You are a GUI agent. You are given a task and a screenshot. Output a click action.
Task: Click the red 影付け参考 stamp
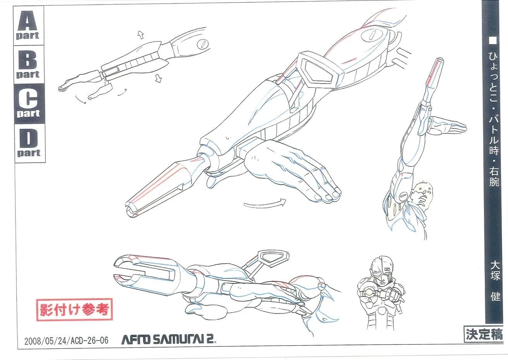(74, 309)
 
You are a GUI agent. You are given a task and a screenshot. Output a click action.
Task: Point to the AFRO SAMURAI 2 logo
(168, 339)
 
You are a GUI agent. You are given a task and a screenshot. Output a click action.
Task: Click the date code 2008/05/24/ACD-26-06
(66, 341)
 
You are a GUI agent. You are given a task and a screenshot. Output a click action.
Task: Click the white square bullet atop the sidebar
(493, 40)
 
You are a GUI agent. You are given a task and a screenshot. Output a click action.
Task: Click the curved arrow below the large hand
(265, 203)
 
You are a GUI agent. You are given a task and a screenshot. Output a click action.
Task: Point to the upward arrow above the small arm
(141, 35)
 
